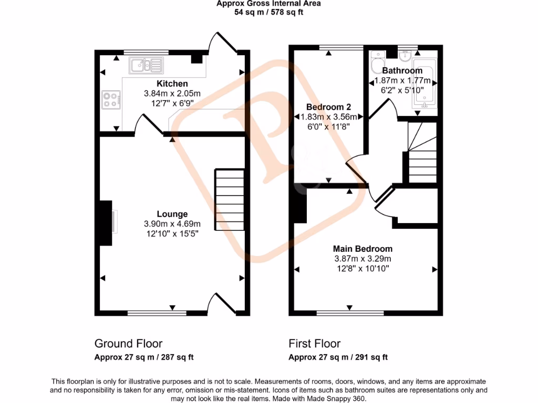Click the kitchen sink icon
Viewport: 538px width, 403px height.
[x=146, y=66]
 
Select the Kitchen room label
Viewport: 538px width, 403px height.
[x=172, y=84]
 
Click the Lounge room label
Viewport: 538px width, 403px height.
[x=172, y=214]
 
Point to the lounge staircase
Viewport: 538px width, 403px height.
[x=230, y=199]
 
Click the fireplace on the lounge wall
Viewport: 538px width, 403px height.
[x=106, y=223]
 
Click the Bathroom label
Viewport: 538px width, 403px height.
[x=402, y=71]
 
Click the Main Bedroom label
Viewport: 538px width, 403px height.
[x=363, y=249]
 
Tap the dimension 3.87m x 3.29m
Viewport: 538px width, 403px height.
[x=363, y=259]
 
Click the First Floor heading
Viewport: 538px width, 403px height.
[x=314, y=344]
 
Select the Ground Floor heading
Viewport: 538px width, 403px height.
[x=128, y=344]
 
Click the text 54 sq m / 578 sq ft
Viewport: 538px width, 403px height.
[x=268, y=12]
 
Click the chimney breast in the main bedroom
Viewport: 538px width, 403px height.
[x=300, y=206]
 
